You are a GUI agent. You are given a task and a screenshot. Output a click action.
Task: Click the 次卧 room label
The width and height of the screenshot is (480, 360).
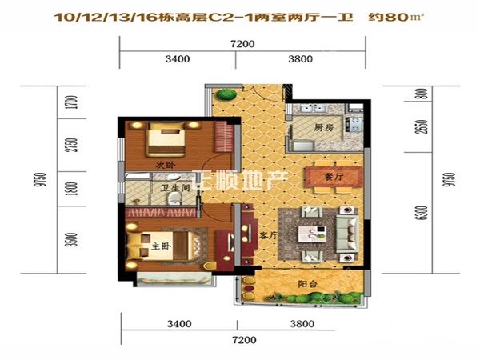tap(166, 166)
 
